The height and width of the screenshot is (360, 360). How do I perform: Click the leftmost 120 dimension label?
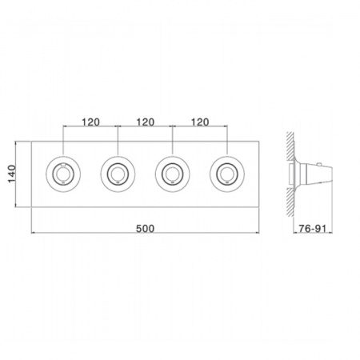click(x=90, y=122)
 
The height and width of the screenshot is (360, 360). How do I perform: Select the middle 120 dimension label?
click(x=146, y=122)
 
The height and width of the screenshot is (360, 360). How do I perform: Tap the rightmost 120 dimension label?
click(x=200, y=122)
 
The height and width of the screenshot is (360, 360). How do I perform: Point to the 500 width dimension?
click(x=145, y=229)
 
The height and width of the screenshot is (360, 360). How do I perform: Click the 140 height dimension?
click(x=12, y=174)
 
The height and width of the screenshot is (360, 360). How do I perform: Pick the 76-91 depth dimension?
click(x=312, y=229)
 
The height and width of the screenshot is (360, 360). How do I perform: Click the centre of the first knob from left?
click(x=63, y=174)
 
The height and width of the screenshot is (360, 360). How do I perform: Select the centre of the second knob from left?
click(x=118, y=174)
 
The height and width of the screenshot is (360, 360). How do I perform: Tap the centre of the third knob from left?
click(x=173, y=174)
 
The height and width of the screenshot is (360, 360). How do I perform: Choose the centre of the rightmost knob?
click(x=227, y=174)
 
